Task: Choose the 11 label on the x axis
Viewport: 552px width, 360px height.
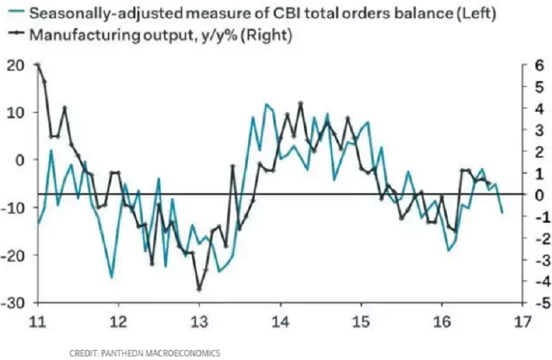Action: pyautogui.click(x=37, y=321)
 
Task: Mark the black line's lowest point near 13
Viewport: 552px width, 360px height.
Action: pyautogui.click(x=199, y=289)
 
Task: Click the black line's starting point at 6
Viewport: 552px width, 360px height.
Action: pyautogui.click(x=37, y=65)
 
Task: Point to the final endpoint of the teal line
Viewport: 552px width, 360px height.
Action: pyautogui.click(x=502, y=212)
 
